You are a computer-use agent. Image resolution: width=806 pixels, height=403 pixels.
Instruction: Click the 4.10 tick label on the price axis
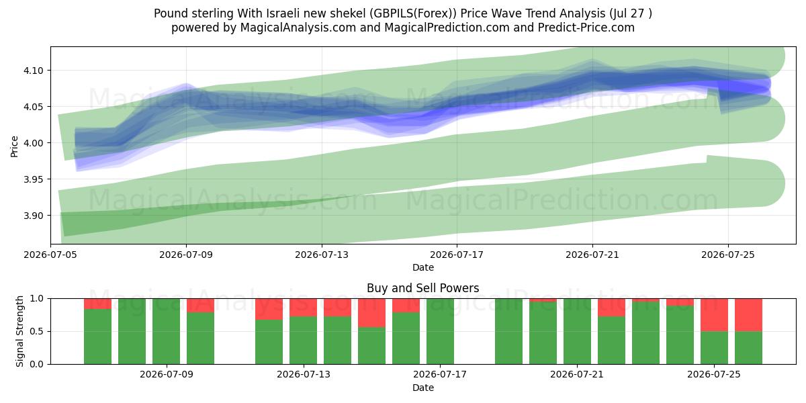point(33,71)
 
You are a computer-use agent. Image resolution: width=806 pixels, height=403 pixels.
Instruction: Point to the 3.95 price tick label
point(33,179)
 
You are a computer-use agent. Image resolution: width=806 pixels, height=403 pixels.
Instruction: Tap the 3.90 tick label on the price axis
point(33,216)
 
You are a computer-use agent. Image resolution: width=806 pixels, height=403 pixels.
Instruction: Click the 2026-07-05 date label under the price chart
point(50,255)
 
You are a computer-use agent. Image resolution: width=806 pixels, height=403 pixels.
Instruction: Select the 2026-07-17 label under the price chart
point(457,255)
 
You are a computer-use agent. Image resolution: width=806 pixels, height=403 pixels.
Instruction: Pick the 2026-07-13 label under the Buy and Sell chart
point(304,375)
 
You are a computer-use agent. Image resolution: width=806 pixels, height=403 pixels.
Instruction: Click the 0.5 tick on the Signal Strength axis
point(36,331)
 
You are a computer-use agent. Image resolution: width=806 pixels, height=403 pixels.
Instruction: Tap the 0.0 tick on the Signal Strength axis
point(36,364)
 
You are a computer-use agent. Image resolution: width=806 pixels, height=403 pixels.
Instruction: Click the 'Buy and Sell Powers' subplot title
point(422,288)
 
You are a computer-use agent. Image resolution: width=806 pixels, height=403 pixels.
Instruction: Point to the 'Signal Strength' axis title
point(19,331)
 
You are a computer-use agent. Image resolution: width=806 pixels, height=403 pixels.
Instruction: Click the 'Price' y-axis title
point(14,146)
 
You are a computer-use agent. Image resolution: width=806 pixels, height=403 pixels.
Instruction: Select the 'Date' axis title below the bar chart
point(422,388)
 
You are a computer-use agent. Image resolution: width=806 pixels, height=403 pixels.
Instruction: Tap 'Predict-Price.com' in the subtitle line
point(586,28)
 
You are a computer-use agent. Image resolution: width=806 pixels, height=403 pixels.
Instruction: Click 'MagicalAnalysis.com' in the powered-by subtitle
point(298,28)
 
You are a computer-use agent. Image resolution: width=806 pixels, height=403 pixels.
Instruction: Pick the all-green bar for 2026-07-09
point(167,331)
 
